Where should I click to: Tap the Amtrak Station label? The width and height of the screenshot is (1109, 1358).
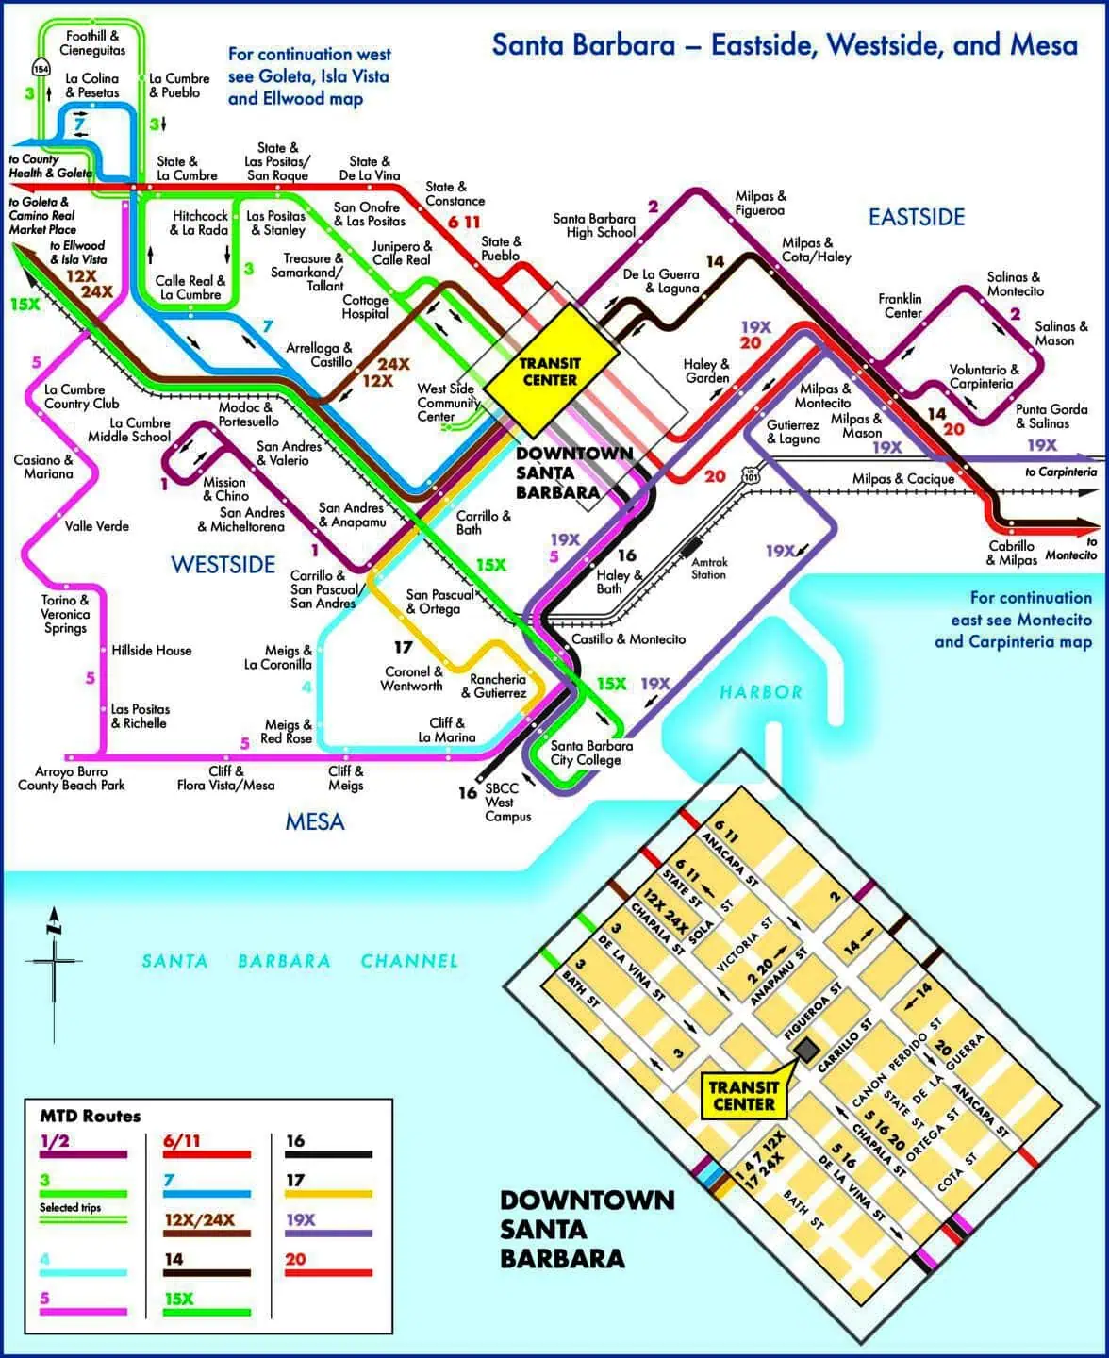708,568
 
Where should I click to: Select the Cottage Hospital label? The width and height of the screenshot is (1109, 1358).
365,306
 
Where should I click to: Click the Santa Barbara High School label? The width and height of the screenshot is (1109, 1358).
594,224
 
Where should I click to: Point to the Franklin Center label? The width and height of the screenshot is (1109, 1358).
901,306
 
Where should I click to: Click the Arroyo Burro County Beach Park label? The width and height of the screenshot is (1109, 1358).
72,778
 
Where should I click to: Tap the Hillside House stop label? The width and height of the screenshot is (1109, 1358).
151,651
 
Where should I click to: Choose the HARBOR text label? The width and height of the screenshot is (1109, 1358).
760,692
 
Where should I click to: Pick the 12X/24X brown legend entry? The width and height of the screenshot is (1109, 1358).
207,1233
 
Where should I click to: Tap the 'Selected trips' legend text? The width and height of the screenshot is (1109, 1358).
70,1208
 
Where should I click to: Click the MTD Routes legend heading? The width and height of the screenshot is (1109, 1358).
90,1116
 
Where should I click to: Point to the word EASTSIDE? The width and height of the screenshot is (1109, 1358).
916,218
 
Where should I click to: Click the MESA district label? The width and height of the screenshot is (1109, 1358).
315,821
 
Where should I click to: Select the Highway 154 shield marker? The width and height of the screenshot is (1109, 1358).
41,68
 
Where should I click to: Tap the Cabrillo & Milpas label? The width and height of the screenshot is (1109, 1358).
1011,553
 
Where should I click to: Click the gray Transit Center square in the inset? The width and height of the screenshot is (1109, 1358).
806,1049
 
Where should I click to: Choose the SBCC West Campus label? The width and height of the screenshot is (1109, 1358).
506,803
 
